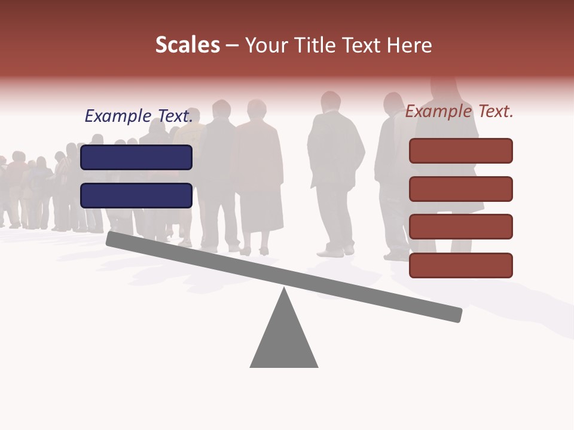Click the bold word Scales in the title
187,45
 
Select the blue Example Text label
139,116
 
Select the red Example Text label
459,111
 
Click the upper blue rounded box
136,157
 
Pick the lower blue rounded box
136,195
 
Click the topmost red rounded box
460,150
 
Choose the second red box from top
460,189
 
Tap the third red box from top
460,227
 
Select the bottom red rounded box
460,265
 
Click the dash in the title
233,45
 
